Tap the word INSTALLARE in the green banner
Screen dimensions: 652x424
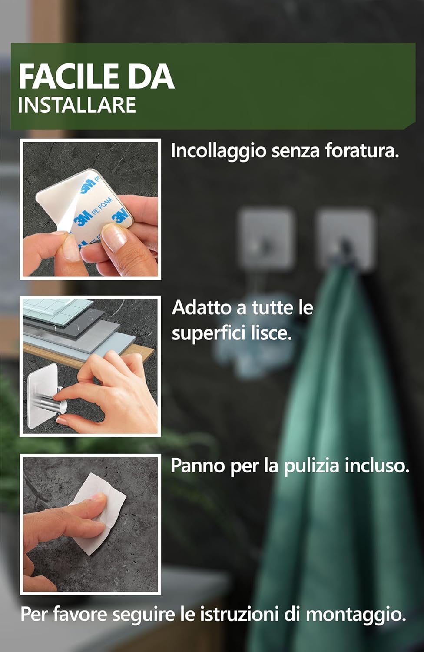click(x=77, y=106)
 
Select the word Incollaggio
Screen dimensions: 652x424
click(x=218, y=151)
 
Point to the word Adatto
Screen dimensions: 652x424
click(x=202, y=308)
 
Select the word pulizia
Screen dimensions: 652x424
click(x=311, y=466)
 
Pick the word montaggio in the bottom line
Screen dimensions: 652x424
click(x=356, y=615)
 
